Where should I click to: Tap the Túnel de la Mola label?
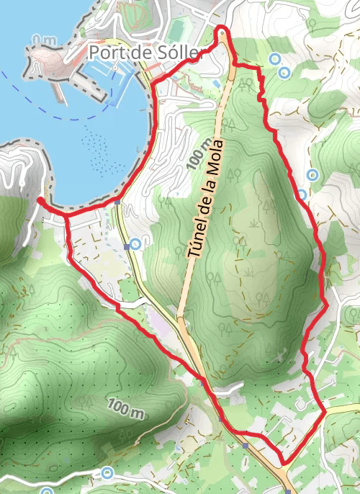207,200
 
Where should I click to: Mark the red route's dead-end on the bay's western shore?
40,199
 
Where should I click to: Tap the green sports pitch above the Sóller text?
176,31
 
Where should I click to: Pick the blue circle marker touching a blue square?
135,244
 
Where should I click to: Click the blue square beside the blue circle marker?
127,246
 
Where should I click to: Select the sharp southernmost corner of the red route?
283,462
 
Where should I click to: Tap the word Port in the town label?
105,53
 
